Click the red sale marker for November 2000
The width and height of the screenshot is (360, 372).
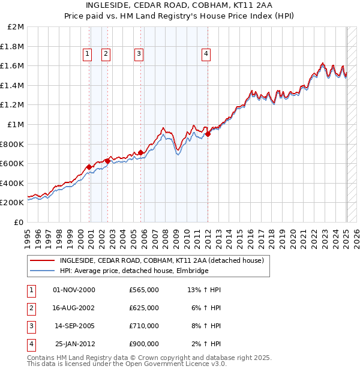click(x=89, y=167)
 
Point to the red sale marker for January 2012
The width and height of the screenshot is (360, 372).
click(x=208, y=134)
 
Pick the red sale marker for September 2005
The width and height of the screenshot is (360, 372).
click(x=141, y=153)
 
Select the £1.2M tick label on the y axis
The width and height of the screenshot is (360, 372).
click(x=13, y=105)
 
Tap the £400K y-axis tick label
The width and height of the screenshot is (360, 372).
click(x=13, y=183)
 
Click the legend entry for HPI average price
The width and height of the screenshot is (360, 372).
click(x=134, y=271)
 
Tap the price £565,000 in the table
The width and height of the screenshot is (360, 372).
click(x=144, y=290)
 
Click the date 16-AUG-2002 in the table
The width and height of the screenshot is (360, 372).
click(x=74, y=308)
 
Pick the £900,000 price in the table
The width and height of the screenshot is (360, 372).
click(x=144, y=344)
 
